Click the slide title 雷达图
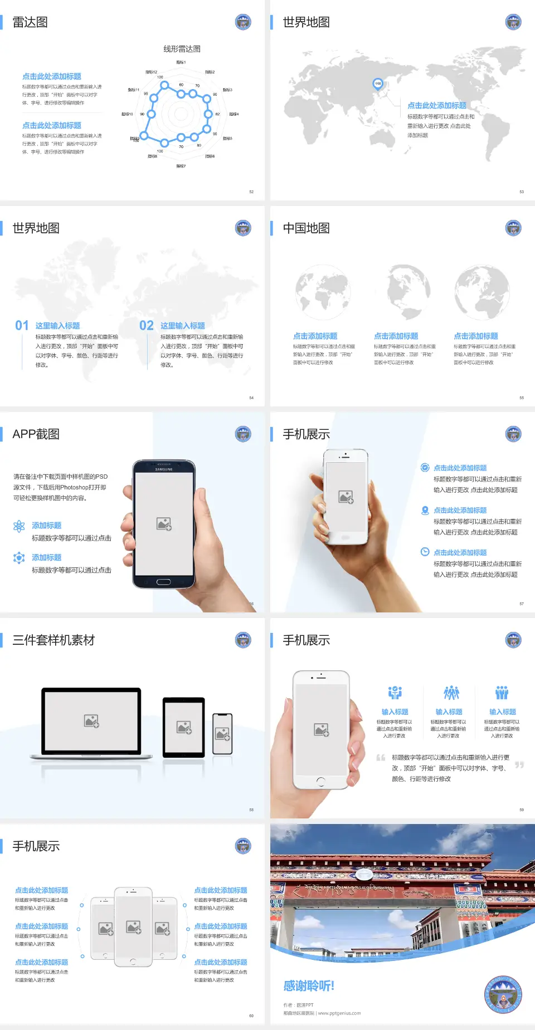click(x=30, y=22)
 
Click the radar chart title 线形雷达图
click(x=182, y=49)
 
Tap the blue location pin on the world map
click(x=377, y=84)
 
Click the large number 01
click(x=22, y=325)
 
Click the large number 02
click(x=147, y=325)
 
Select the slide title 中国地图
click(x=306, y=228)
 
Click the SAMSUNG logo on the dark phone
click(x=164, y=469)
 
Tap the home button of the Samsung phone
click(x=163, y=582)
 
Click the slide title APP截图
click(x=36, y=434)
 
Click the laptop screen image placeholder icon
click(x=91, y=721)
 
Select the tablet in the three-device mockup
click(x=183, y=727)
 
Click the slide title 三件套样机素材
click(x=53, y=640)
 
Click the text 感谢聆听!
click(x=309, y=986)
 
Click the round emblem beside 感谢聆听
click(x=503, y=994)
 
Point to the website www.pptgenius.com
click(x=339, y=1013)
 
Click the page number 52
click(x=251, y=192)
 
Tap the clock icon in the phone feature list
click(x=425, y=552)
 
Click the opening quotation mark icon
click(x=381, y=758)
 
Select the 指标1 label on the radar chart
click(x=181, y=62)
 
